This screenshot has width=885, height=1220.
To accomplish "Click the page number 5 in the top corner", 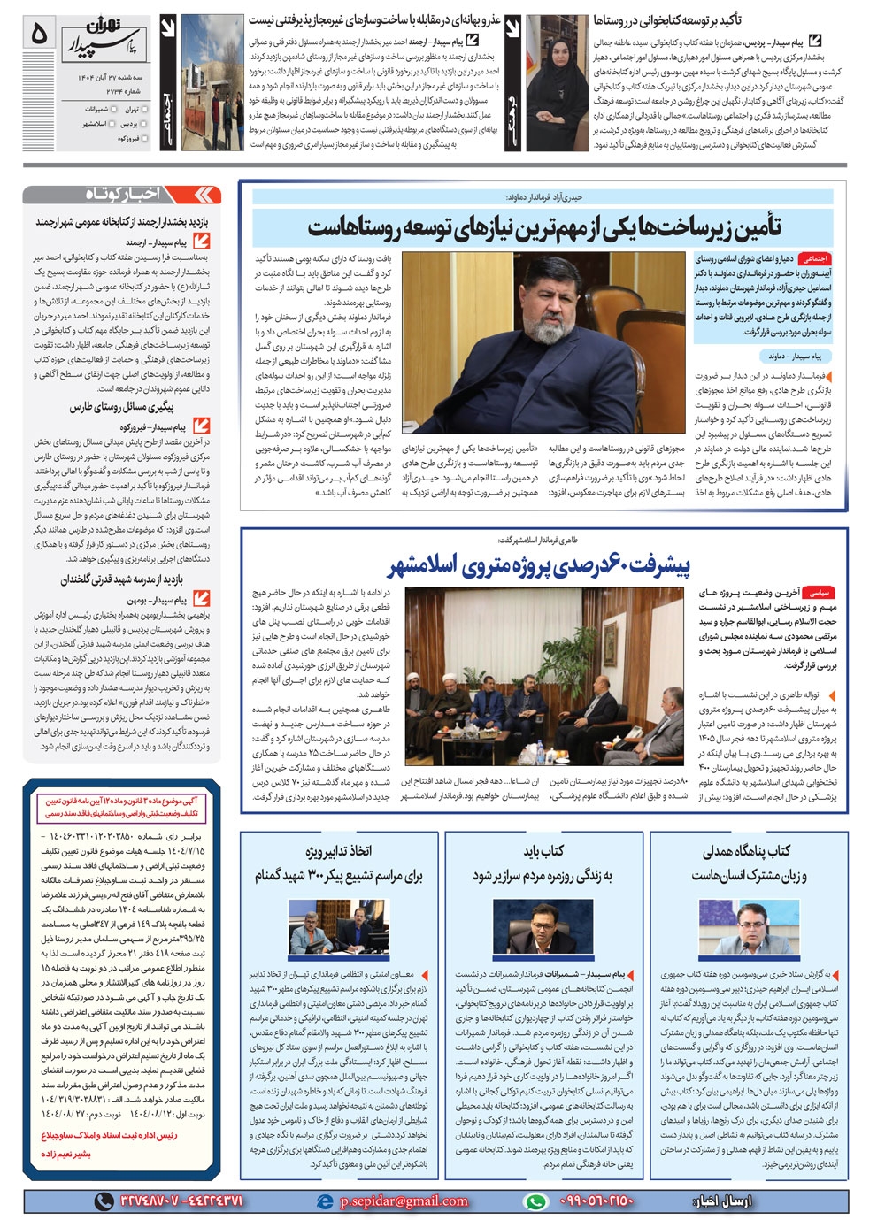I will [38, 34].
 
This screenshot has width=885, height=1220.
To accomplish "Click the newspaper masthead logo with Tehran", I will [101, 34].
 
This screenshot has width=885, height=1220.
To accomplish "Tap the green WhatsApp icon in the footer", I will [535, 1201].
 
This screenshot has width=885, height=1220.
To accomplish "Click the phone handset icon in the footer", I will [104, 1201].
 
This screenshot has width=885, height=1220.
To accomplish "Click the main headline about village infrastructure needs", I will [543, 228].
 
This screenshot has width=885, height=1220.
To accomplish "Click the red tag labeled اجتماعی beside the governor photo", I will [812, 259].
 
